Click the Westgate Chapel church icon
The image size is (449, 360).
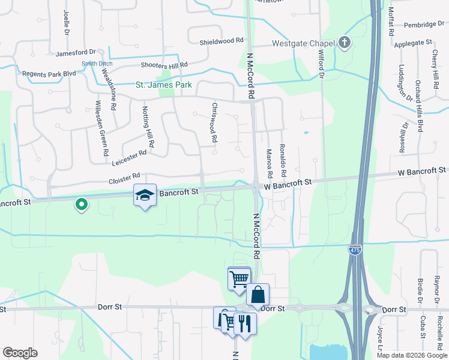click(345, 43)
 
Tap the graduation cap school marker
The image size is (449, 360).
click(145, 196)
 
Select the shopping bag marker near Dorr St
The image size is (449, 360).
click(258, 295)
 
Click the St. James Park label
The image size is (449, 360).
click(163, 85)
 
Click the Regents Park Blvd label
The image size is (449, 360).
click(49, 73)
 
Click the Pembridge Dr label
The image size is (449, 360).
click(424, 24)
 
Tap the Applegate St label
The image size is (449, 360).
click(413, 43)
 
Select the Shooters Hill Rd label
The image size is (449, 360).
click(164, 64)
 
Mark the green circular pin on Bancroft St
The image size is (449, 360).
click(82, 205)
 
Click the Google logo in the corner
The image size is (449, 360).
click(20, 353)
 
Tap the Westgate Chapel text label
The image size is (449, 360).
click(303, 43)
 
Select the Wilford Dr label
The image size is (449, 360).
click(320, 65)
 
